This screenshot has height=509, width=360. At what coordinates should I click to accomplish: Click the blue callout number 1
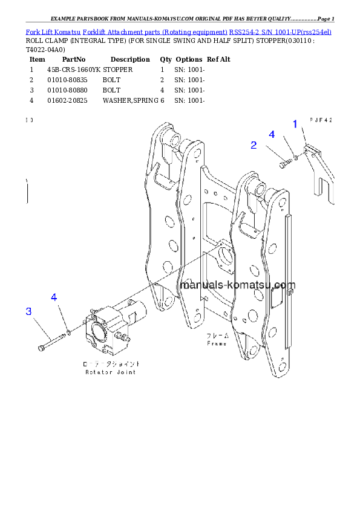pos(295,125)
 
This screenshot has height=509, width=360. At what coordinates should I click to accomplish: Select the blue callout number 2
pos(254,145)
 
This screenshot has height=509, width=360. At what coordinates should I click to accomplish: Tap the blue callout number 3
pos(28,311)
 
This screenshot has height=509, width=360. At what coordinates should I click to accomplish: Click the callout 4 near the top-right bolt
pos(272,134)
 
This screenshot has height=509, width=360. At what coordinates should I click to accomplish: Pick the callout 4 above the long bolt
pos(54,297)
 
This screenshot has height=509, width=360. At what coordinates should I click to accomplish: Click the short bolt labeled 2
pos(284,162)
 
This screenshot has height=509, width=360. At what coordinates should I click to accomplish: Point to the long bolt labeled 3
pos(51,342)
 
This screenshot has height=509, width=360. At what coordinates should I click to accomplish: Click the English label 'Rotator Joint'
pos(110,372)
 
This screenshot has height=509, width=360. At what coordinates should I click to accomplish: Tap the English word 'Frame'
pos(217,343)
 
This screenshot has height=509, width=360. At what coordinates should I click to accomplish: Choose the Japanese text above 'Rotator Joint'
pos(111,365)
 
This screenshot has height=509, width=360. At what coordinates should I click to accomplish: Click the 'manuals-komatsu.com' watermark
pos(237,285)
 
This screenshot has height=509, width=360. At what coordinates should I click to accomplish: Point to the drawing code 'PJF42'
pos(321,120)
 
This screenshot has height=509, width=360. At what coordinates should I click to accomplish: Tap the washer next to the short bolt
pos(294,158)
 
